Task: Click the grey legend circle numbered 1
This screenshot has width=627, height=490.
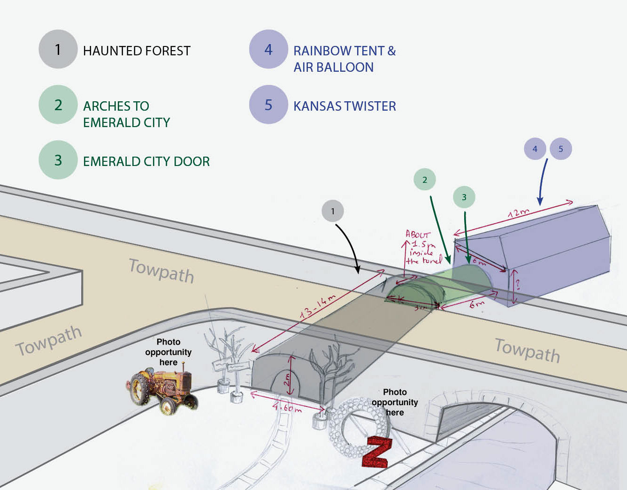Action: click(x=58, y=49)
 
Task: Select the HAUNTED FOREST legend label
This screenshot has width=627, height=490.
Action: click(x=137, y=51)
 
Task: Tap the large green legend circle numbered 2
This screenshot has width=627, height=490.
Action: click(x=58, y=105)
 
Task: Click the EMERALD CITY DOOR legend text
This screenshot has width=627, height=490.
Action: click(x=146, y=161)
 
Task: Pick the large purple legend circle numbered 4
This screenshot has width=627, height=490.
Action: click(x=268, y=49)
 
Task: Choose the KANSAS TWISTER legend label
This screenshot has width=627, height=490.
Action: click(x=344, y=106)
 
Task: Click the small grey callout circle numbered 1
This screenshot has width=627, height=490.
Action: click(x=333, y=211)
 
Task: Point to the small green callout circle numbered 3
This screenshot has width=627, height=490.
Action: click(x=464, y=197)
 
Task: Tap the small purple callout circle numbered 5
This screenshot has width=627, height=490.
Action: click(x=560, y=149)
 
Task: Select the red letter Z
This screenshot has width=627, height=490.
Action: click(x=376, y=452)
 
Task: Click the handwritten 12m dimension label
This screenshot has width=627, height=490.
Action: click(x=519, y=213)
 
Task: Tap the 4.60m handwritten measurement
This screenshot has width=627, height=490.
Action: click(x=287, y=407)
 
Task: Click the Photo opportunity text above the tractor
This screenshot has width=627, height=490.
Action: click(x=168, y=352)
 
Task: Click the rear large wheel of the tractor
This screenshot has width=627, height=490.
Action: click(x=139, y=389)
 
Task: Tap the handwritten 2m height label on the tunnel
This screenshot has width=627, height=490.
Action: click(x=287, y=379)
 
